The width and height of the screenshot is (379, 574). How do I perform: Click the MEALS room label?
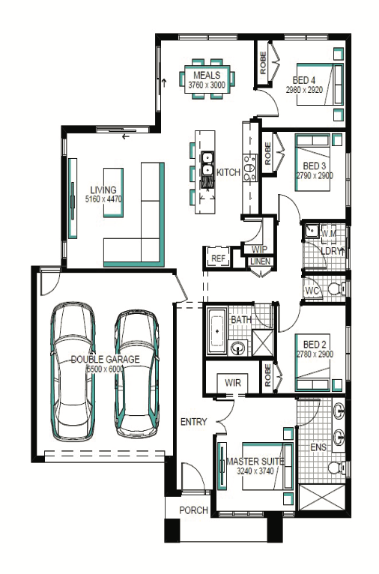click(207, 76)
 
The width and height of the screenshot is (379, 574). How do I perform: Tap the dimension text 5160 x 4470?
click(103, 199)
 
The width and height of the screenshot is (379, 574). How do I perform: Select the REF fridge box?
click(218, 258)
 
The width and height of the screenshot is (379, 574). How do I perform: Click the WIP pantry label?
click(259, 250)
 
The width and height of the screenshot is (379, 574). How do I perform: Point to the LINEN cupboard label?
click(261, 262)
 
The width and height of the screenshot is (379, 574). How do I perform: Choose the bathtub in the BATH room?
click(217, 331)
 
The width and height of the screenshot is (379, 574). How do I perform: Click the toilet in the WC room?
click(336, 288)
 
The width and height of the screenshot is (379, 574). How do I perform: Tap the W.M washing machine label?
click(329, 233)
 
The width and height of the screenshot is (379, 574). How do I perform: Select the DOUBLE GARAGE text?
click(106, 359)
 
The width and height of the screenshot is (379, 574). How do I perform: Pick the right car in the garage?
click(137, 374)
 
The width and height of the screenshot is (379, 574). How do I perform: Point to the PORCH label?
click(193, 510)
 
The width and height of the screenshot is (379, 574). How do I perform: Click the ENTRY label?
click(194, 422)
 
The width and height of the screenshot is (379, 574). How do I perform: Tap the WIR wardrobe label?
click(233, 383)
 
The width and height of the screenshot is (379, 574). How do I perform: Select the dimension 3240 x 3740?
click(255, 471)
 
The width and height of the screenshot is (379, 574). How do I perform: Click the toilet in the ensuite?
click(336, 468)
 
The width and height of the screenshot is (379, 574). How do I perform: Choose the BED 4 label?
click(303, 79)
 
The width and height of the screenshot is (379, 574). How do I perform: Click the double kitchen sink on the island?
click(207, 163)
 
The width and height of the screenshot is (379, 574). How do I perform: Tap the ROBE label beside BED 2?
click(268, 375)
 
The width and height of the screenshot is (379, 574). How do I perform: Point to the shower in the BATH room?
click(263, 342)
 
